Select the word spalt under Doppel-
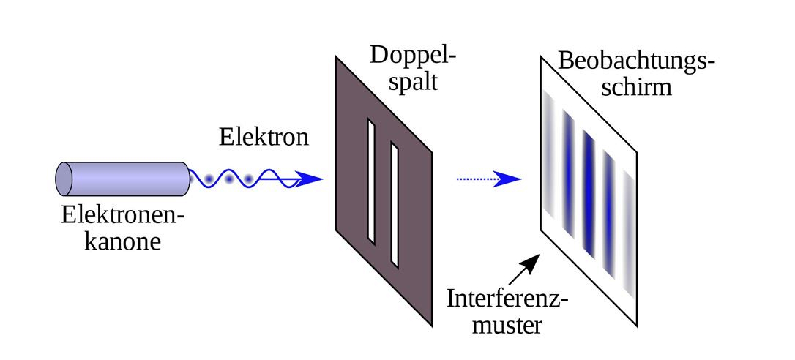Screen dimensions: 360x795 414,80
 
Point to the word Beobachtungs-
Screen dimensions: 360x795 636,61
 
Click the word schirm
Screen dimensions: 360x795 635,87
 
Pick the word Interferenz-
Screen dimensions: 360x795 508,299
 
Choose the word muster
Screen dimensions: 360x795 507,325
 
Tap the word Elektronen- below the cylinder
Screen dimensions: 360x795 122,215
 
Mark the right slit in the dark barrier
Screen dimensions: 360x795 395,205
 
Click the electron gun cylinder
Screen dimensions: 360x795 124,179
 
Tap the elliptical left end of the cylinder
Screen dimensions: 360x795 64,179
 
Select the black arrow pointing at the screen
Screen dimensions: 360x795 526,270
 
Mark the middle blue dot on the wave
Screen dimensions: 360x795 229,179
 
